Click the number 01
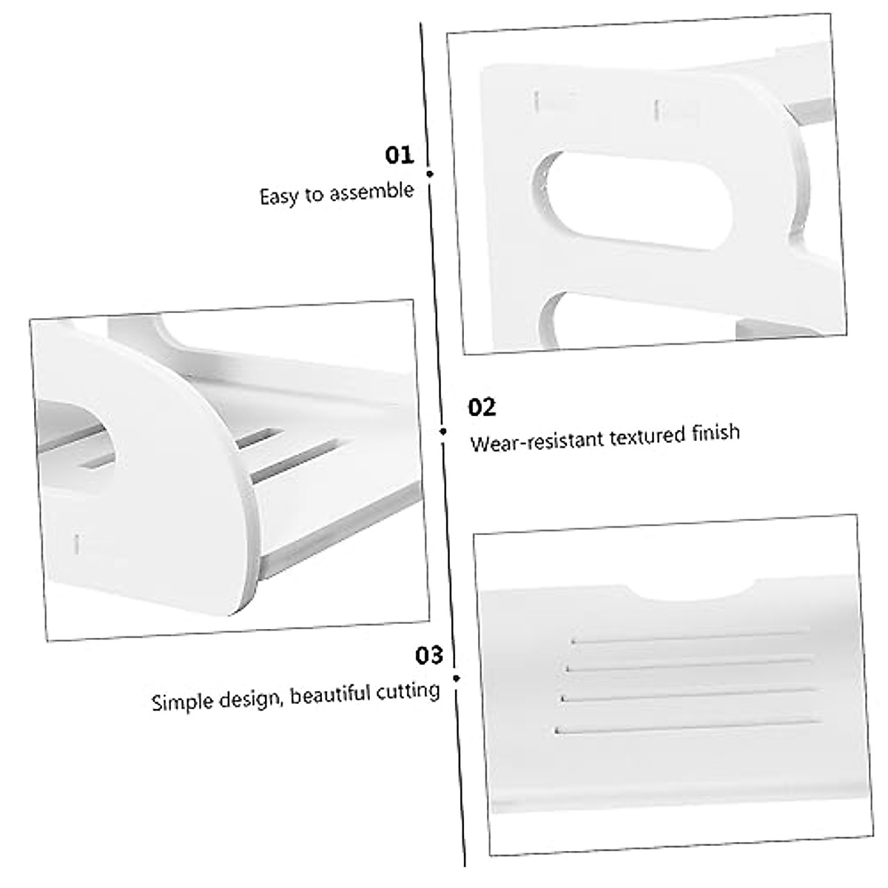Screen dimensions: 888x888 tap(399, 156)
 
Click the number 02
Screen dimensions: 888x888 tap(482, 407)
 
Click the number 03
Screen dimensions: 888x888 tap(428, 656)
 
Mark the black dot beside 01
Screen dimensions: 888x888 tap(430, 174)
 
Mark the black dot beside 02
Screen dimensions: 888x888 tap(443, 431)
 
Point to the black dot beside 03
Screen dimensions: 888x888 tap(457, 678)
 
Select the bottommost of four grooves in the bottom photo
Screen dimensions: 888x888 tap(688, 725)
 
